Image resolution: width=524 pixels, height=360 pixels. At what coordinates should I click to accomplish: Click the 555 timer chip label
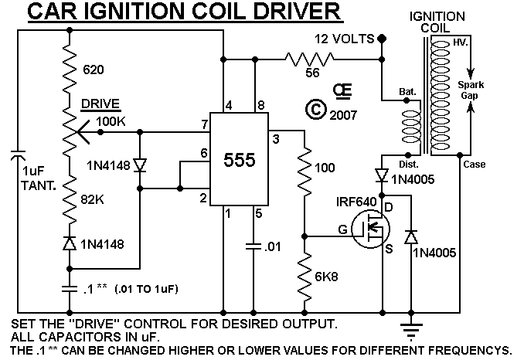[x=240, y=160]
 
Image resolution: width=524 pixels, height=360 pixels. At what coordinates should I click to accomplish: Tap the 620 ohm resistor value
[x=94, y=70]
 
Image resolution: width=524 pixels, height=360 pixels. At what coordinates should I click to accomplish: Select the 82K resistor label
[x=92, y=200]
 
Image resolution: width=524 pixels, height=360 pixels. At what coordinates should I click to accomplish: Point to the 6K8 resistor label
[x=326, y=277]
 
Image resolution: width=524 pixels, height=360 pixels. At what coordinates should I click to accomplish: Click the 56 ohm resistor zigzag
[x=309, y=59]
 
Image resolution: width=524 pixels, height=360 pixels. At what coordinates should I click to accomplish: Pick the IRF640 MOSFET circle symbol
[x=371, y=229]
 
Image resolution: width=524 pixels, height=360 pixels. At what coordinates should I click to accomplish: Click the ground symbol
[x=411, y=331]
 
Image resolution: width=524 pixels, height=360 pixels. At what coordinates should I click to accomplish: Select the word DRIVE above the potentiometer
[x=100, y=104]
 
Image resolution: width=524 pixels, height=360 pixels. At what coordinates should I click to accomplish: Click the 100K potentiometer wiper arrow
[x=83, y=132]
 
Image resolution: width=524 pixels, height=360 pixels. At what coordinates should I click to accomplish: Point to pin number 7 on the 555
[x=205, y=124]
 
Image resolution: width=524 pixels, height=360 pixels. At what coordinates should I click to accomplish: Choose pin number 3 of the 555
[x=276, y=139]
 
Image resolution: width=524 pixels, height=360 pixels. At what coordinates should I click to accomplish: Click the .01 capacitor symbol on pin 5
[x=253, y=246]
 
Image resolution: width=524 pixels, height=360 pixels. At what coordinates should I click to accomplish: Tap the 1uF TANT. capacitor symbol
[x=18, y=155]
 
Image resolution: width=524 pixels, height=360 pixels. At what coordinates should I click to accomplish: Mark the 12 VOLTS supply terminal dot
[x=382, y=39]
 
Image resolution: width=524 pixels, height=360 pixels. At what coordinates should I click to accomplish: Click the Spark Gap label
[x=471, y=90]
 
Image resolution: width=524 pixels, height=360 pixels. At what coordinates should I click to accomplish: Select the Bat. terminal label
[x=407, y=91]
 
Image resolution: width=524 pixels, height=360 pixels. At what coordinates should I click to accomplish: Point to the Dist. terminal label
[x=408, y=165]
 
